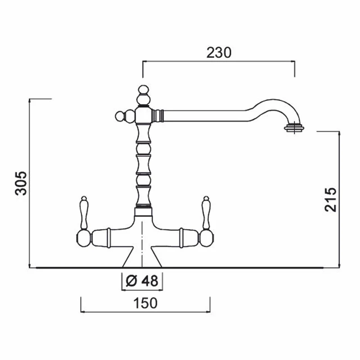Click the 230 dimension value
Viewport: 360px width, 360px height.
tap(219, 53)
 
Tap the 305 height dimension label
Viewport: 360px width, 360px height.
tap(21, 183)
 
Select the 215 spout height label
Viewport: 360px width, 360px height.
tap(330, 199)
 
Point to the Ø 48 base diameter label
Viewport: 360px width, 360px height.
tap(142, 281)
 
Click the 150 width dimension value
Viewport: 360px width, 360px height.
tap(145, 303)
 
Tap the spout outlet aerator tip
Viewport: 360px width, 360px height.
tap(295, 128)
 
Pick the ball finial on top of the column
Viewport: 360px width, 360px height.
tap(144, 95)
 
